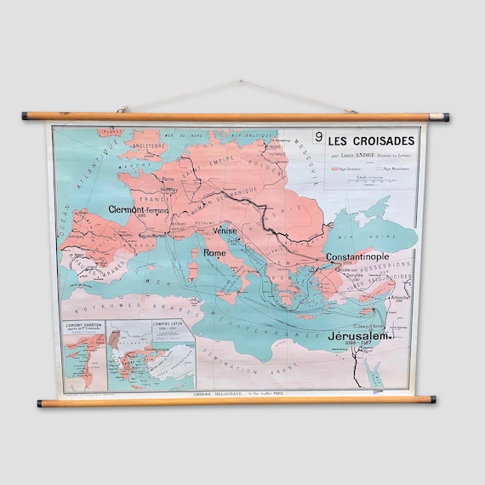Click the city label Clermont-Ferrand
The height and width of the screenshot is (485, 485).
pyautogui.click(x=139, y=208)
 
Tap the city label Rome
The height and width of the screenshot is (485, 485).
pyautogui.click(x=214, y=253)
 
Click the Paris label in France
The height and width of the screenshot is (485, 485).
pyautogui.click(x=168, y=180)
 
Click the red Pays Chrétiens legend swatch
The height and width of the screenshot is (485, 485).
pyautogui.click(x=334, y=169)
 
